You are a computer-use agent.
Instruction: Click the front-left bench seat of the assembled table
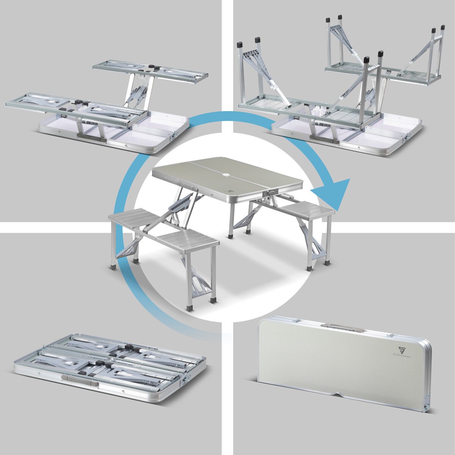(x=187, y=242)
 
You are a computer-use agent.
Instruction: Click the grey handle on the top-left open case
(x=91, y=137)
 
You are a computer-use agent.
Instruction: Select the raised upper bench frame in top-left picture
(x=150, y=71)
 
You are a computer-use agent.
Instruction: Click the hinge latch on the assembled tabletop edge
(x=269, y=193)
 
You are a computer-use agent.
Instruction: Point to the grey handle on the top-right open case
(x=324, y=140)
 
